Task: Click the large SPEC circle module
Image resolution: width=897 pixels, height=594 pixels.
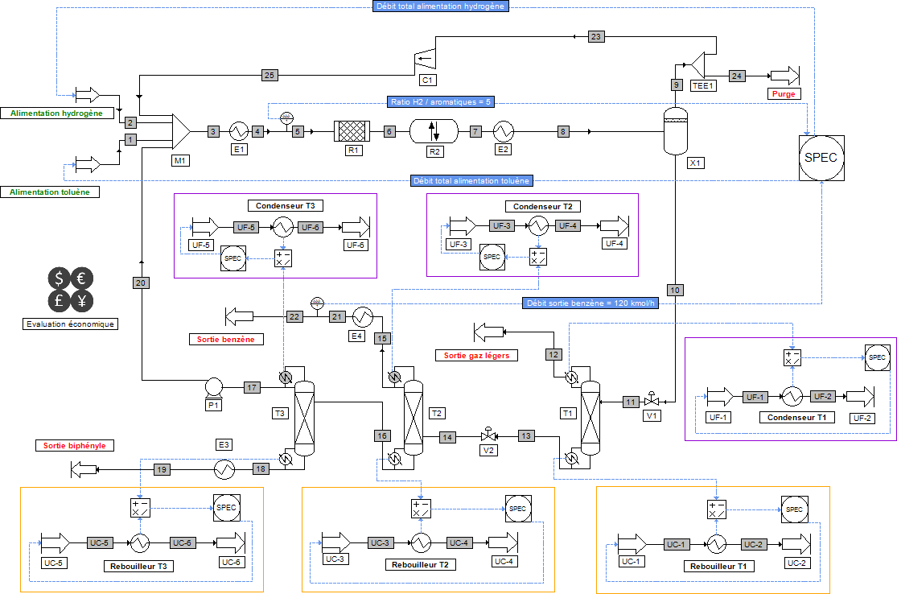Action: pos(821,158)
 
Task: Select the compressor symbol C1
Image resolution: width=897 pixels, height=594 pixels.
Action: pos(424,58)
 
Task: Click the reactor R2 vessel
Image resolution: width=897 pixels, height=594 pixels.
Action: pos(433,130)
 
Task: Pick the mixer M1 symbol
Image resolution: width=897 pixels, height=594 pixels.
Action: pos(179,130)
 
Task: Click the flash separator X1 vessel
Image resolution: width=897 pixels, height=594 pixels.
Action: pos(675,130)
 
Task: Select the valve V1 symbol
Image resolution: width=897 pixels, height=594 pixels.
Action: pos(652,401)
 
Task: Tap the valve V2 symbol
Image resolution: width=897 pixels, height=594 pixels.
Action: pos(486,436)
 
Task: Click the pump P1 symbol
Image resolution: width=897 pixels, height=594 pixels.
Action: pos(214,386)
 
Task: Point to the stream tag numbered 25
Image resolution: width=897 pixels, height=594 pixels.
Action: pos(270,76)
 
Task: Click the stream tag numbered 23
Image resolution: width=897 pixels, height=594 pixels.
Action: pos(596,37)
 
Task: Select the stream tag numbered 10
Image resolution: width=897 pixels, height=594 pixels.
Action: pos(675,290)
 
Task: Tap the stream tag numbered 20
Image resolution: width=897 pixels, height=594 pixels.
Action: pos(141,283)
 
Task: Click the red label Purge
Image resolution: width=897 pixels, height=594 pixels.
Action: pos(784,94)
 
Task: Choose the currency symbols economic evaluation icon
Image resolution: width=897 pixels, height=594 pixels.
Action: pos(70,290)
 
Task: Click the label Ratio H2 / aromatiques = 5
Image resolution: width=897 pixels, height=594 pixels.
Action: pos(441,102)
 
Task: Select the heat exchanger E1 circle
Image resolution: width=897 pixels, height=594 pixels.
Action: pos(238,130)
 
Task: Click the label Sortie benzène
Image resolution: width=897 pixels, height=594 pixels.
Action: pos(225,340)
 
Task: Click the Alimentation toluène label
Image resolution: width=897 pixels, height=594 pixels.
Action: pos(55,192)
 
